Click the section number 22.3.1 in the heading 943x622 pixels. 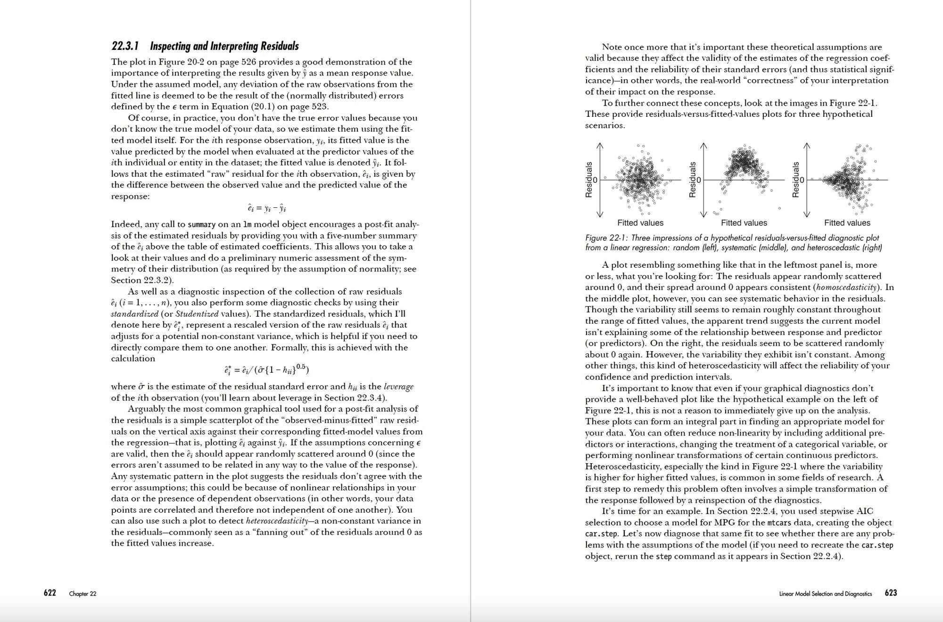pyautogui.click(x=125, y=46)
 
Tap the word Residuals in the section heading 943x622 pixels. pyautogui.click(x=279, y=46)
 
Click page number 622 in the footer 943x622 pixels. pyautogui.click(x=50, y=593)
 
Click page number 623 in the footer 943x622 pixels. pyautogui.click(x=891, y=593)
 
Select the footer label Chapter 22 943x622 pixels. pyautogui.click(x=83, y=594)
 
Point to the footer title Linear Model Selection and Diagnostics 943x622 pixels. pyautogui.click(x=826, y=594)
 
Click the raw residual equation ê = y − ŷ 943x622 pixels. pyautogui.click(x=267, y=208)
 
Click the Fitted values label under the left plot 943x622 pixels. pyautogui.click(x=640, y=223)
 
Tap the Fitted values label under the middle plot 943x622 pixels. pyautogui.click(x=744, y=223)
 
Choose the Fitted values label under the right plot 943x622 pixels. pyautogui.click(x=847, y=223)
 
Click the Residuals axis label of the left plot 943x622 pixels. pyautogui.click(x=589, y=180)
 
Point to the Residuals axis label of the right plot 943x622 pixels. pyautogui.click(x=796, y=180)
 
